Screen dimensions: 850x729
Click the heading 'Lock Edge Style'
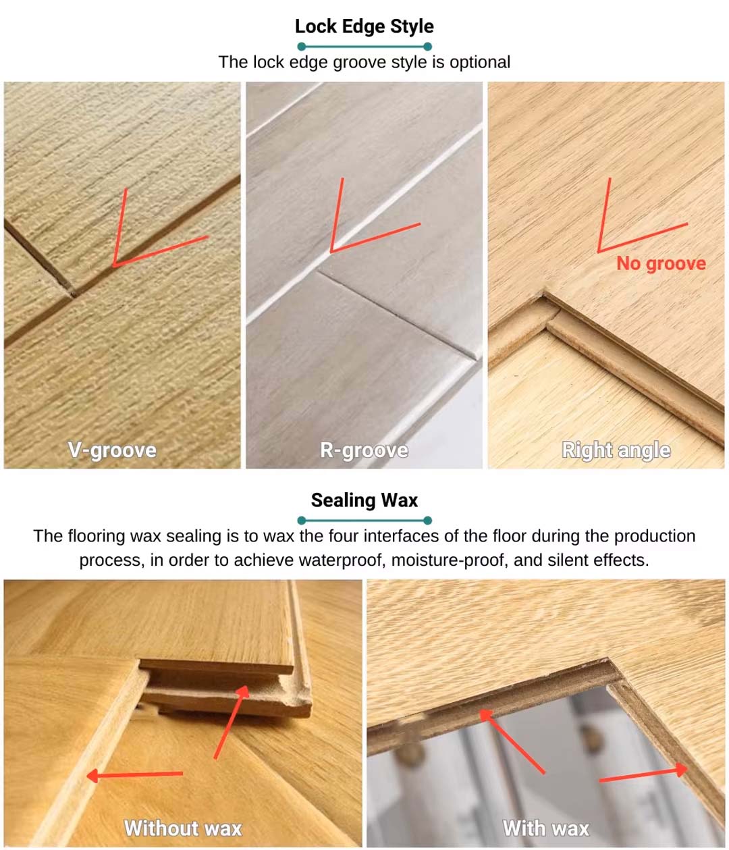tap(364, 26)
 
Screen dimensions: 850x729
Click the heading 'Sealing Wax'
tap(364, 500)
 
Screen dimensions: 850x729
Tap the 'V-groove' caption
tap(112, 450)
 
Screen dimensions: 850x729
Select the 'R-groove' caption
tap(364, 450)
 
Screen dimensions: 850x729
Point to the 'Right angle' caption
tap(616, 450)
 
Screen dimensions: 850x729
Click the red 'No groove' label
tap(661, 263)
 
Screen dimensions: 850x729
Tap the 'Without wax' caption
tap(182, 828)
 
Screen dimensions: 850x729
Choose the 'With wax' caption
tap(546, 828)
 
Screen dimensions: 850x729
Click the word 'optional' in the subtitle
tap(480, 62)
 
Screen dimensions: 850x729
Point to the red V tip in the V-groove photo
tap(115, 265)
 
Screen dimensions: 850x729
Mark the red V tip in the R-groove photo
tap(331, 251)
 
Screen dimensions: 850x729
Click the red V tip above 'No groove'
tap(599, 251)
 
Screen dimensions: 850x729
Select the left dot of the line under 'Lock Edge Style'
tap(301, 47)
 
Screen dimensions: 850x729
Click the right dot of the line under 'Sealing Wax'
tap(427, 521)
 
